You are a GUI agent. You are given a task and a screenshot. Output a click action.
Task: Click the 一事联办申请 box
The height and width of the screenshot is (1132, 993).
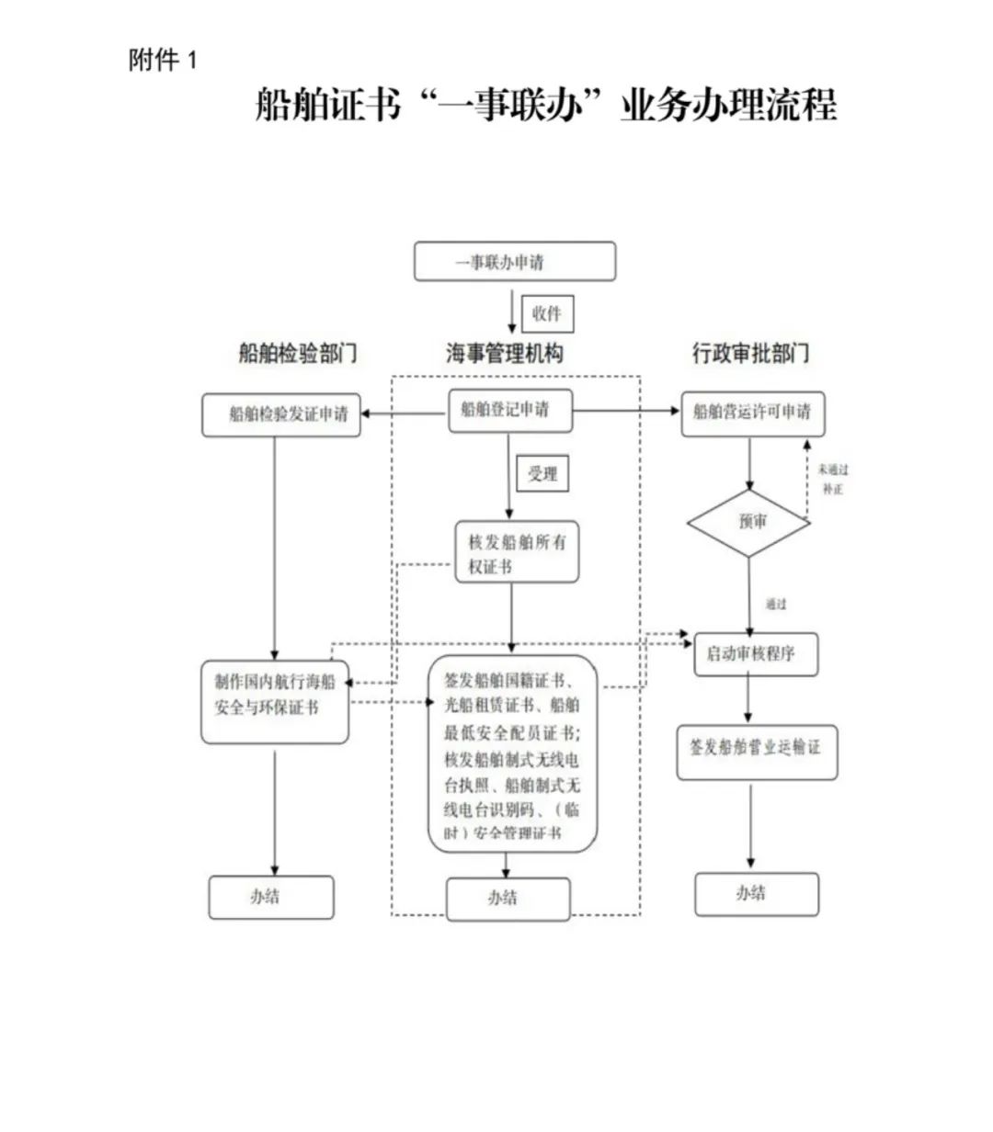(x=514, y=262)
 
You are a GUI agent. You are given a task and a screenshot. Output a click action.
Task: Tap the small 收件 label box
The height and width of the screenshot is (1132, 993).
(x=546, y=314)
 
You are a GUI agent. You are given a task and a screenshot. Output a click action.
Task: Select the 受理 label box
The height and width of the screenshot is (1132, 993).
(x=542, y=474)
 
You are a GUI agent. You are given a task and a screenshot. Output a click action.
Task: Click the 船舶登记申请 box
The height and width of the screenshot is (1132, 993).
(x=510, y=411)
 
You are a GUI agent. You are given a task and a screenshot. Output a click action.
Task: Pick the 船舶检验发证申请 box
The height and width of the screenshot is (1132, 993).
(x=281, y=415)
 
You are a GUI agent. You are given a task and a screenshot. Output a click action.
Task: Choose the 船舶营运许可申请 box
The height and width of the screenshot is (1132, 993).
(x=752, y=413)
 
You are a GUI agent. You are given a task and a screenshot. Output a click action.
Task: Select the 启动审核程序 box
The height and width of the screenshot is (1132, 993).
(x=755, y=655)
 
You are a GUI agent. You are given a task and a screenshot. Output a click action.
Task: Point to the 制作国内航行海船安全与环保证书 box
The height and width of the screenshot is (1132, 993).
(x=275, y=701)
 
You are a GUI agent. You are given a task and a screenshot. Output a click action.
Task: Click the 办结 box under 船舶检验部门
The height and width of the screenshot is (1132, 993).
(x=270, y=897)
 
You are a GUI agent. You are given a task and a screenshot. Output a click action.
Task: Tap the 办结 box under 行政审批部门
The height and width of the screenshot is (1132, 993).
(x=756, y=894)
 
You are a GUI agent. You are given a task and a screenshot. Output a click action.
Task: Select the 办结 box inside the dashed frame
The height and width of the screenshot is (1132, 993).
(x=508, y=899)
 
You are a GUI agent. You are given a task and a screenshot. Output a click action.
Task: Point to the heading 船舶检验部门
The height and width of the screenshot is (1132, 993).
(x=297, y=354)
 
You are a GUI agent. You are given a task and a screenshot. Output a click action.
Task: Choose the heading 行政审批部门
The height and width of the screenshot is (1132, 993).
(x=750, y=354)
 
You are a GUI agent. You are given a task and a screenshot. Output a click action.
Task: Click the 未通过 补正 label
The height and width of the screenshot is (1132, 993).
(x=833, y=480)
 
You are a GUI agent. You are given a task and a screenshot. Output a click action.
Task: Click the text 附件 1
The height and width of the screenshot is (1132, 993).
(x=163, y=62)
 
